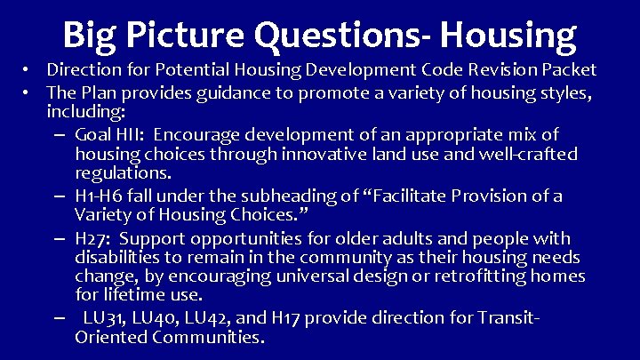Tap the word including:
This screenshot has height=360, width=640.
point(86,113)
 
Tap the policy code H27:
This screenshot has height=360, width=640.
point(94,238)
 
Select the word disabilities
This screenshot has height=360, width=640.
point(116,258)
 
